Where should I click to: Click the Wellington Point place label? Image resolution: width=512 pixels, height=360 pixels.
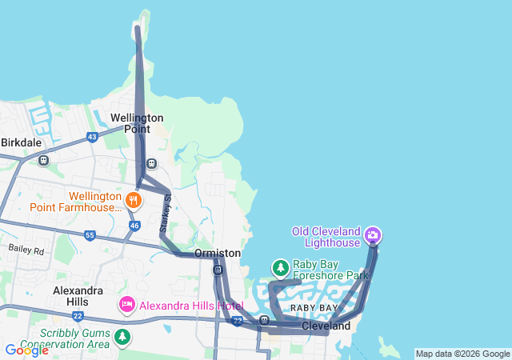(137, 123)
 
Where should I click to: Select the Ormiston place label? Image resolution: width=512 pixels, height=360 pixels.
(218, 252)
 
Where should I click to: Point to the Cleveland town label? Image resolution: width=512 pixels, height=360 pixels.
(326, 326)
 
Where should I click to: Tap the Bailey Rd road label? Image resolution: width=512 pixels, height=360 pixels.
(26, 250)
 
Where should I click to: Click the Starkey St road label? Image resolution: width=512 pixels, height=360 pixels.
(166, 214)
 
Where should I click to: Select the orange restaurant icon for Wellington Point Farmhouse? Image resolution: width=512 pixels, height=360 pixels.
(134, 200)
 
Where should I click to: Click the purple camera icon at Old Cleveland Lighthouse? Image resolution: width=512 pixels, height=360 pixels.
(372, 236)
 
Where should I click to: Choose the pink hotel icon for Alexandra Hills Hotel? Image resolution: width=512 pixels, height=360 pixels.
(126, 305)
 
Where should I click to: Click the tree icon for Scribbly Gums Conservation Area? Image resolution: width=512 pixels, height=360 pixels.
(122, 336)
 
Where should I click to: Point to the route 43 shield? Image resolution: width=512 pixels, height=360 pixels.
(93, 137)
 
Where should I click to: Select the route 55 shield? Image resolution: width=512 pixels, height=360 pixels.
(90, 235)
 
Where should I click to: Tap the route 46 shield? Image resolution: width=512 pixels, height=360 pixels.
(134, 226)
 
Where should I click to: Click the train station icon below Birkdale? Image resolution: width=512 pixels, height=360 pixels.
(43, 160)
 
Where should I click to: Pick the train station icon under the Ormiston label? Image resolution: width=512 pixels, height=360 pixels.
(218, 270)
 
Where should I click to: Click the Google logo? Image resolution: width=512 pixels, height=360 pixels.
(26, 350)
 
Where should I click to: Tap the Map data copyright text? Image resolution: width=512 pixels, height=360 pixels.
(462, 354)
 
